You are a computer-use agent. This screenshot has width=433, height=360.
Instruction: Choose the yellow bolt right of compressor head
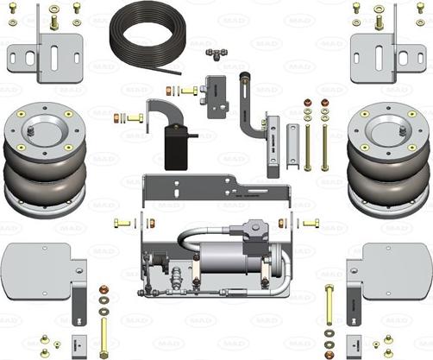308,224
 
